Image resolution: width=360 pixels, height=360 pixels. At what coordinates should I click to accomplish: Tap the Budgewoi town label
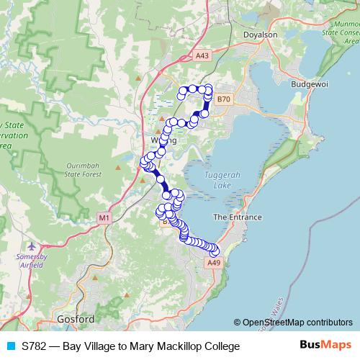point(310,84)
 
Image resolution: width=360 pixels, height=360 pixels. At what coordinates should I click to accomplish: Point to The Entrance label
point(237,217)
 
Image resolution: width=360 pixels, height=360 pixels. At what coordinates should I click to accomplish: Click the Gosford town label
point(75,318)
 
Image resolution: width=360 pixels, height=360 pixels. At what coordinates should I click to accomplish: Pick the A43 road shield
point(202,55)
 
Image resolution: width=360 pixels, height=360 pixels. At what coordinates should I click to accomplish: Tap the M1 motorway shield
point(104,217)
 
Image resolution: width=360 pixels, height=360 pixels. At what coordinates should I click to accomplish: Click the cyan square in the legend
point(9,346)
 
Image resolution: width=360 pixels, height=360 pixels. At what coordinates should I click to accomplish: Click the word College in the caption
point(220,346)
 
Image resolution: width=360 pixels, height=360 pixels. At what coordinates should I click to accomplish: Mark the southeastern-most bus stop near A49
point(215,252)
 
